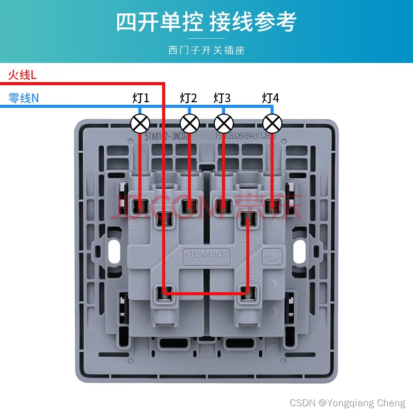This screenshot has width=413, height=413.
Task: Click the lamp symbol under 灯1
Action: point(140,123)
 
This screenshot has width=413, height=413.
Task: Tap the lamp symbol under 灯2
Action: point(189,123)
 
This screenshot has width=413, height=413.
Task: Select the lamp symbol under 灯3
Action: point(224,123)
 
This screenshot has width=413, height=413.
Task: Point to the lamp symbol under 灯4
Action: point(272,123)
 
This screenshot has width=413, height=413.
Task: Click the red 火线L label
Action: point(22,75)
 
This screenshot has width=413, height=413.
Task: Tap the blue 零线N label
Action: point(23,98)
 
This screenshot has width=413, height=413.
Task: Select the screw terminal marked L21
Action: point(189,206)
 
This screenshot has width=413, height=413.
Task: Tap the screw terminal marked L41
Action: point(272,206)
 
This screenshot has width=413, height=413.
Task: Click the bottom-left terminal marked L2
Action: point(165,294)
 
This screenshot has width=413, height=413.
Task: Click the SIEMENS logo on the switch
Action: point(206,253)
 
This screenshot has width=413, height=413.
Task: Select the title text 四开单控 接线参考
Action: point(206,23)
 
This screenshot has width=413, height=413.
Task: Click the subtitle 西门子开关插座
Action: point(206,50)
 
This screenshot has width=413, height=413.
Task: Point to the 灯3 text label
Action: point(222,98)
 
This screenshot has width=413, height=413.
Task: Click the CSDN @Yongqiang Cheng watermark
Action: point(347,403)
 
